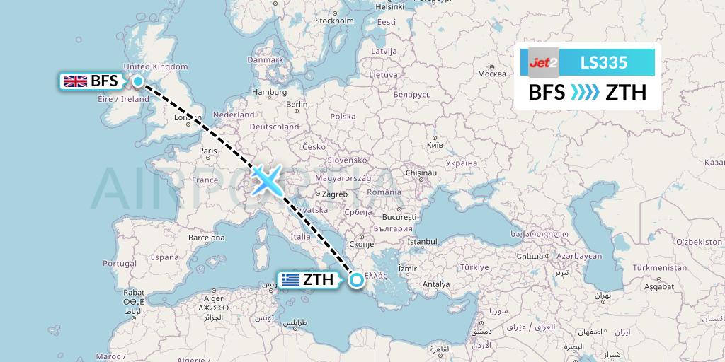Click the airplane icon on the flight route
[266, 180]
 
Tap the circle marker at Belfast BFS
[137, 81]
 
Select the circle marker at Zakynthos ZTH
[357, 280]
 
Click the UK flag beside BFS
[76, 81]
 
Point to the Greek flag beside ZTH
[290, 280]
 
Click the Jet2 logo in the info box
[544, 62]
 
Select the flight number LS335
[603, 62]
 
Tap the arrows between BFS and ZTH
[585, 93]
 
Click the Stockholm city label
[334, 21]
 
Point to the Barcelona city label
[206, 238]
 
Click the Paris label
[207, 151]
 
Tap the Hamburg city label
[268, 92]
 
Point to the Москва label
[491, 74]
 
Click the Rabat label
[134, 292]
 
